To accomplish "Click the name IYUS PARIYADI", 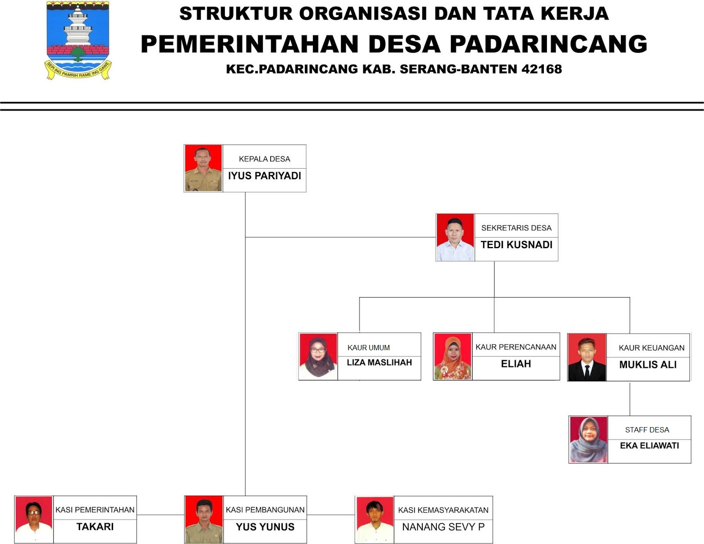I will coord(264,176).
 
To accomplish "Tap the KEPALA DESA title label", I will coord(264,159).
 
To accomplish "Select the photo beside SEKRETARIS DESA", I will coord(455,237).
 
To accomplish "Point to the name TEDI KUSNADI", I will coord(516,245).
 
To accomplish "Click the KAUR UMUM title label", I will coord(369,348).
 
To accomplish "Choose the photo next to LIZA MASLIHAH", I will coord(318,356).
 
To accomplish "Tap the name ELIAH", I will coord(516,364).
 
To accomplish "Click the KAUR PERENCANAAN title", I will coord(516,347).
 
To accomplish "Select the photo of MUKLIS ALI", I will coord(587,357).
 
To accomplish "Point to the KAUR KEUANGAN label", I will coord(651,348).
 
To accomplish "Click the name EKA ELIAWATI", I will coord(649,446).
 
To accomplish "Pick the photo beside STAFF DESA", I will coord(588,439).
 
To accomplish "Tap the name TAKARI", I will coord(95,526).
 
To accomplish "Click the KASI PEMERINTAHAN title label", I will coord(95,510).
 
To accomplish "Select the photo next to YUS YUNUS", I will coord(203,519).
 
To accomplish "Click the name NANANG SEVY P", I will coord(443,526).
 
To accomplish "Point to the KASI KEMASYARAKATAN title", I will coord(443,510).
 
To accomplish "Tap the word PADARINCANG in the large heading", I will coord(548,44).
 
